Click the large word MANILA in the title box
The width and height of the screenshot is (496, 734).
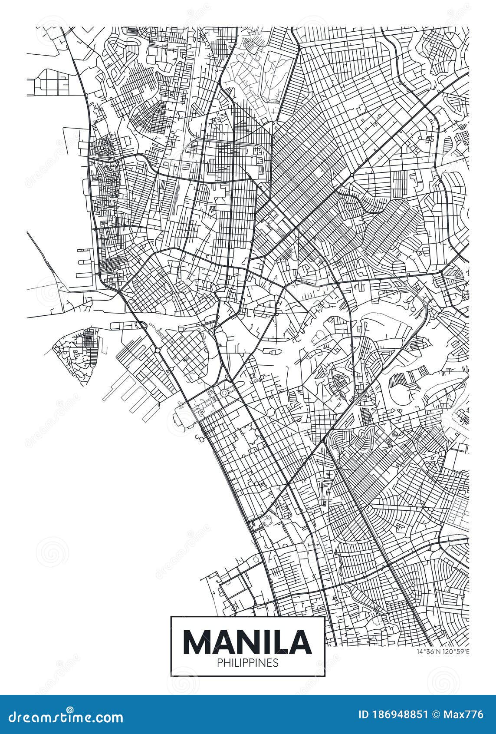tap(248, 641)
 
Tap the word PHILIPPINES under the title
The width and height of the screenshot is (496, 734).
tap(248, 663)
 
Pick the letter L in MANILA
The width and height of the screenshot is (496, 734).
tap(282, 641)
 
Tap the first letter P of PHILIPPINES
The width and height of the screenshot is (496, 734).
tap(218, 663)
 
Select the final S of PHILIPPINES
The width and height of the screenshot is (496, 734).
tap(276, 663)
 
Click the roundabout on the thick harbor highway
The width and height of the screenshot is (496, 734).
tap(157, 350)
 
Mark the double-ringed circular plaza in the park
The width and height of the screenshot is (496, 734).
tap(224, 393)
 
